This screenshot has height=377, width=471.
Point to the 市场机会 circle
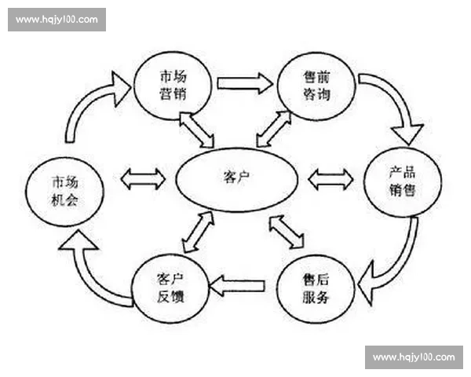(64, 188)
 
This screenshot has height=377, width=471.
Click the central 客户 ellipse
(236, 178)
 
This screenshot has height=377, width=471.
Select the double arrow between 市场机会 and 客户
(143, 179)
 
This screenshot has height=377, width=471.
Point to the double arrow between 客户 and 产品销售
(330, 180)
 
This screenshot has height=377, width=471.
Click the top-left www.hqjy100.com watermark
(57, 19)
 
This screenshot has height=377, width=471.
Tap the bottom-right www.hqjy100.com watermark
(414, 357)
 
